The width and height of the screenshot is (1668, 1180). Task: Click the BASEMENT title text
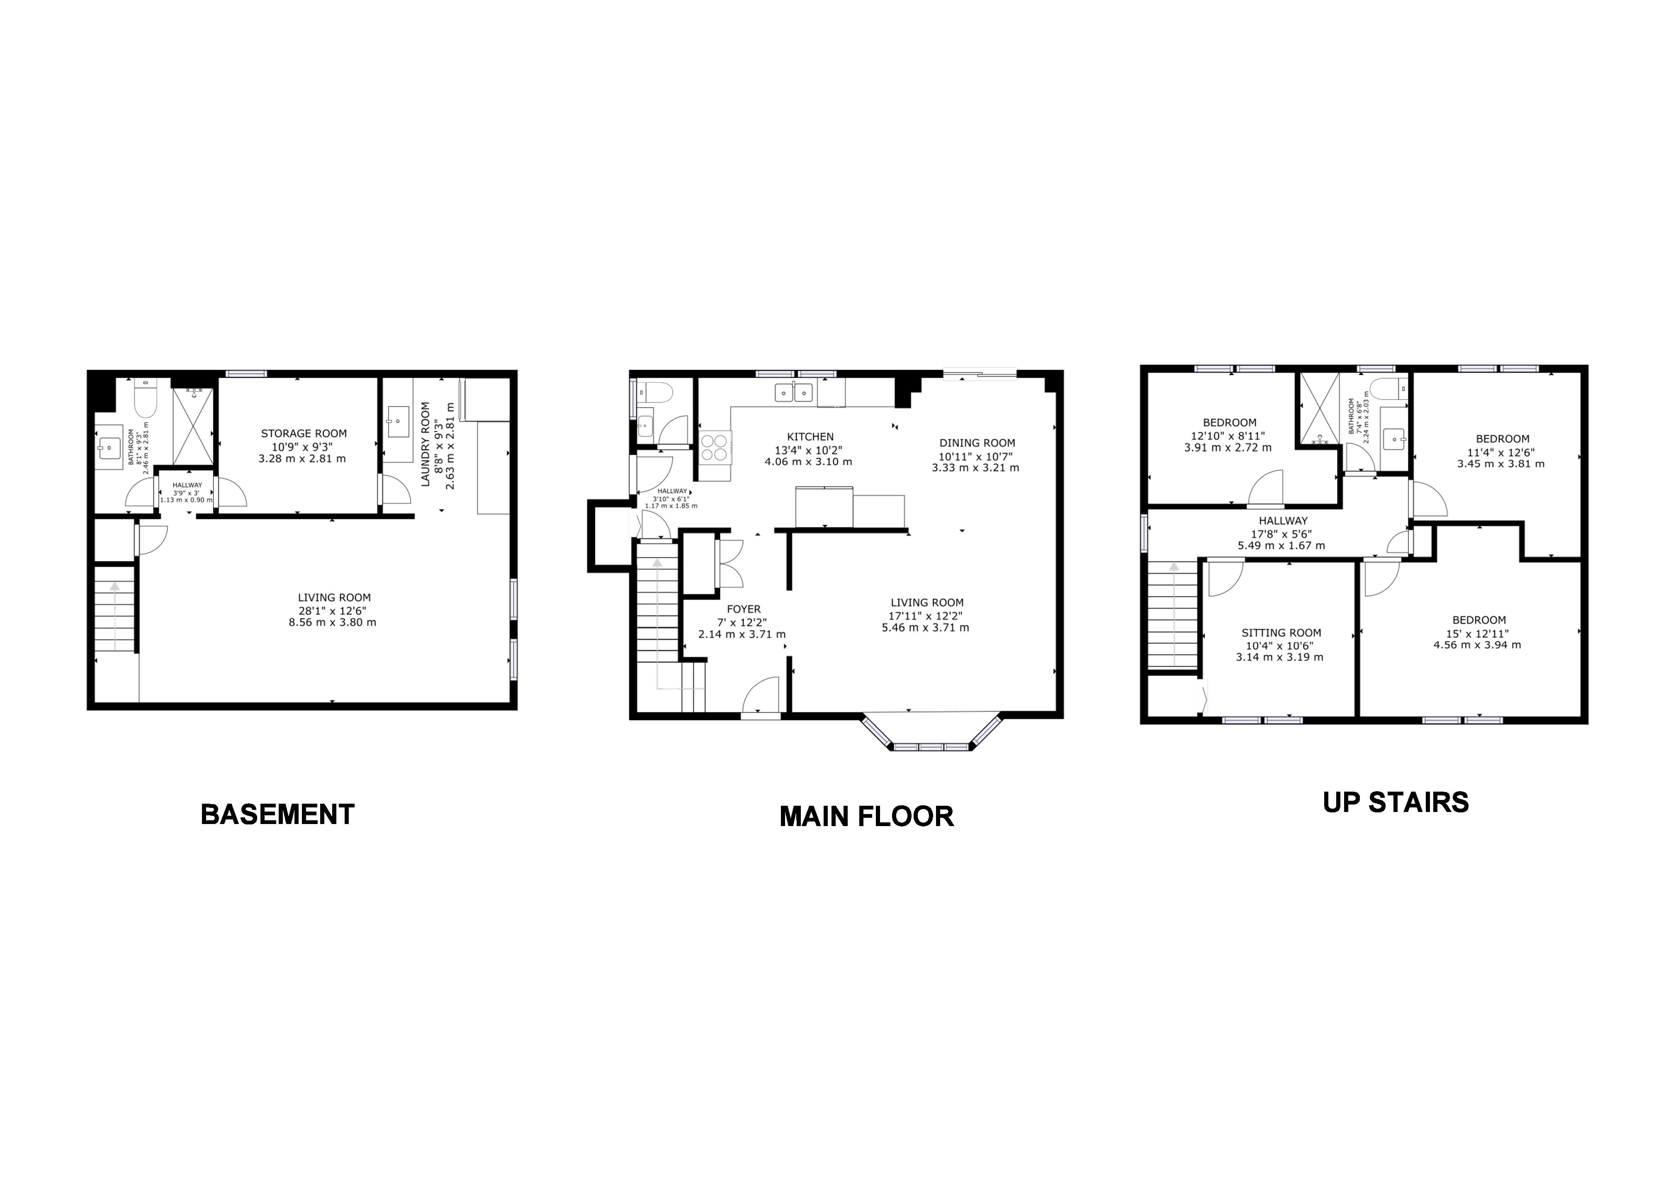coord(277,814)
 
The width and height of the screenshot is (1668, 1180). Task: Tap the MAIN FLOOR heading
coord(867,817)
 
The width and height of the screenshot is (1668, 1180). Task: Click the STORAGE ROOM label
coord(304,434)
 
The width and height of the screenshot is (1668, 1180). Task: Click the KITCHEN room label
coord(811,436)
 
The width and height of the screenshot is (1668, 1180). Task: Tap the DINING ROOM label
coord(977,442)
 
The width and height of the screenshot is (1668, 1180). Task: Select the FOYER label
coord(744,610)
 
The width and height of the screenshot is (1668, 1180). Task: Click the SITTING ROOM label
coord(1281,633)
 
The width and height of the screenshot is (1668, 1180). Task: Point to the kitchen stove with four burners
coord(715,446)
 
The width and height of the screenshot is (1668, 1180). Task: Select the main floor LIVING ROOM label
coord(927,602)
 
